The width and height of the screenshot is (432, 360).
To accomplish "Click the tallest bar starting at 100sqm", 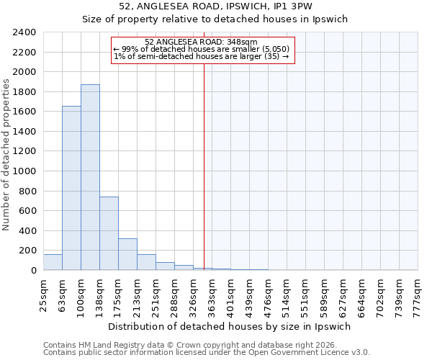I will (x=90, y=177).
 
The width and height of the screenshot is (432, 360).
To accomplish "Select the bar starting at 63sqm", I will (x=71, y=188).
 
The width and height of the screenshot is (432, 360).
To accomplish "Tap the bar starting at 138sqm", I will (x=109, y=233).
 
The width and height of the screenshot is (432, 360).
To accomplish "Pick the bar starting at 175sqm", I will (x=127, y=254).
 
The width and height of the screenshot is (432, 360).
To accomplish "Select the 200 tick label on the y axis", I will (x=27, y=251).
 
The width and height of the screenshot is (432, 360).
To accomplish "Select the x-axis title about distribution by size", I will (x=230, y=326).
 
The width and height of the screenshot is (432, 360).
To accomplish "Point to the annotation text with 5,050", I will (x=201, y=49).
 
